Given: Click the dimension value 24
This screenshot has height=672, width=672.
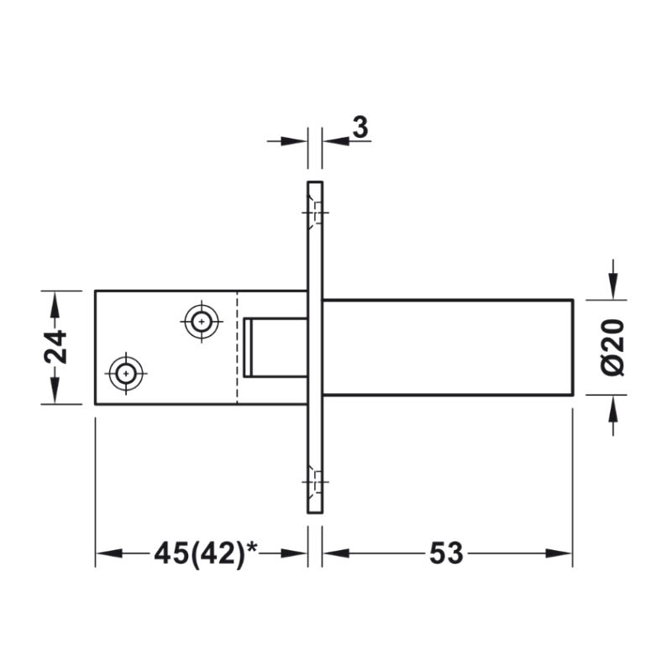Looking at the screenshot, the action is [55, 347].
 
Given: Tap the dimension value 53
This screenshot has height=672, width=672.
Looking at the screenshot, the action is [446, 553].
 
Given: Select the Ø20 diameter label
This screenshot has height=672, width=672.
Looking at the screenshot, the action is [613, 347].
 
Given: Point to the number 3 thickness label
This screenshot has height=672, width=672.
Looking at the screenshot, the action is [360, 128].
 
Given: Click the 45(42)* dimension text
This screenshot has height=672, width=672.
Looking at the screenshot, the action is [206, 553].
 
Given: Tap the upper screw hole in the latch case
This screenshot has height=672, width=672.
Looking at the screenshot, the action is [201, 322].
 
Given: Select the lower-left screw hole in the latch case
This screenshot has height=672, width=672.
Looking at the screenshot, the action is [125, 373].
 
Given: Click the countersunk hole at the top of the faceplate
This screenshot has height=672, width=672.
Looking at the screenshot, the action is [315, 213].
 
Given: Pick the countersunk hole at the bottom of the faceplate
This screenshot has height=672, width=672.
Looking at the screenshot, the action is [315, 481].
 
